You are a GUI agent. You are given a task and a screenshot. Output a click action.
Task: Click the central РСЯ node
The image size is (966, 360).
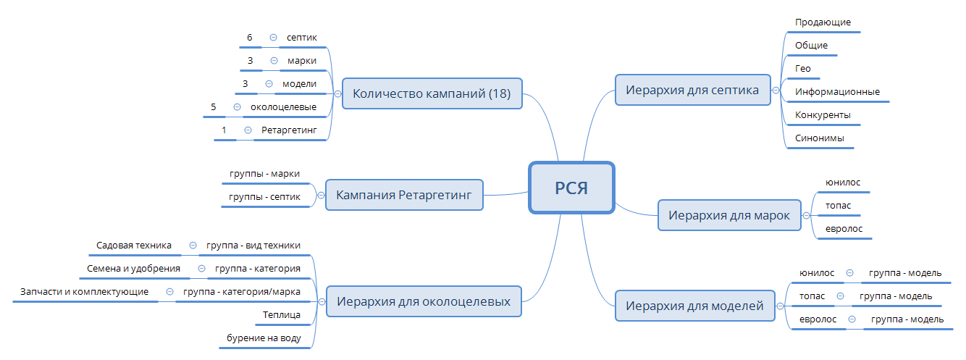[571, 188]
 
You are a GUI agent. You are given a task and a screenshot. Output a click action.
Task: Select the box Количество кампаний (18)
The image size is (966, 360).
[432, 93]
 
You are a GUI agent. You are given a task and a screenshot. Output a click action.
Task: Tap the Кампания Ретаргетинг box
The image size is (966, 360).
[404, 195]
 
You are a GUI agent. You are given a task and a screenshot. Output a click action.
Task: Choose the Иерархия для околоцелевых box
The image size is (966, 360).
[424, 301]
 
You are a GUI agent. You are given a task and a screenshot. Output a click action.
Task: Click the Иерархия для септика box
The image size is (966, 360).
[692, 91]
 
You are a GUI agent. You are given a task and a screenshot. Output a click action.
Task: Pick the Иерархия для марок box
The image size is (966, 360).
[728, 215]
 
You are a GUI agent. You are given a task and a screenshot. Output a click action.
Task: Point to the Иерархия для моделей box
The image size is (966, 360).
[694, 306]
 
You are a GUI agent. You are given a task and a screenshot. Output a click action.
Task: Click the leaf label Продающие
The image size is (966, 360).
[823, 22]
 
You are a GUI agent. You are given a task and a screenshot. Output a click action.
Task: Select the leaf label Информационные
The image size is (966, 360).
[837, 92]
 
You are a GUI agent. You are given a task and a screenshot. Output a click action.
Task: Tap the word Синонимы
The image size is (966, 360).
[819, 138]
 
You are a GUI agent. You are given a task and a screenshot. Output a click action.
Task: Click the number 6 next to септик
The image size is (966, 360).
[249, 37]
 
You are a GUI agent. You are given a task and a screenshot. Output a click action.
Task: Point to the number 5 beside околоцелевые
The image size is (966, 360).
[214, 106]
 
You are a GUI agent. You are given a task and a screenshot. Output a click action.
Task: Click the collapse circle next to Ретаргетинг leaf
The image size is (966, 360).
[248, 130]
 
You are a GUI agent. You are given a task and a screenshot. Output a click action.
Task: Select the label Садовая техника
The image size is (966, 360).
[134, 246]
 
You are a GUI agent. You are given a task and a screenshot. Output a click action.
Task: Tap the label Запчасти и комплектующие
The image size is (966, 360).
[85, 292]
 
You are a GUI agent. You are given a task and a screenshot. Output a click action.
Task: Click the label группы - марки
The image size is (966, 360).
[264, 174]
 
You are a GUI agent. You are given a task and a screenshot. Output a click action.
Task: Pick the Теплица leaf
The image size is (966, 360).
[282, 315]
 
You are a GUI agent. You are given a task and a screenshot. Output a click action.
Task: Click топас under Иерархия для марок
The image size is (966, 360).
[838, 205]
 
